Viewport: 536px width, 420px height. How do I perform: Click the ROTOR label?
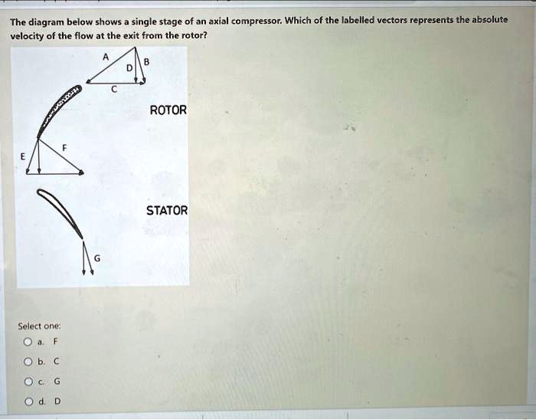(x=168, y=110)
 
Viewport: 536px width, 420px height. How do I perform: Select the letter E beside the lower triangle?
(x=23, y=156)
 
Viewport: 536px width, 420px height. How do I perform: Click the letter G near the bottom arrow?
(x=96, y=259)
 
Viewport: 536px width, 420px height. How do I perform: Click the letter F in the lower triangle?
(x=64, y=146)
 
